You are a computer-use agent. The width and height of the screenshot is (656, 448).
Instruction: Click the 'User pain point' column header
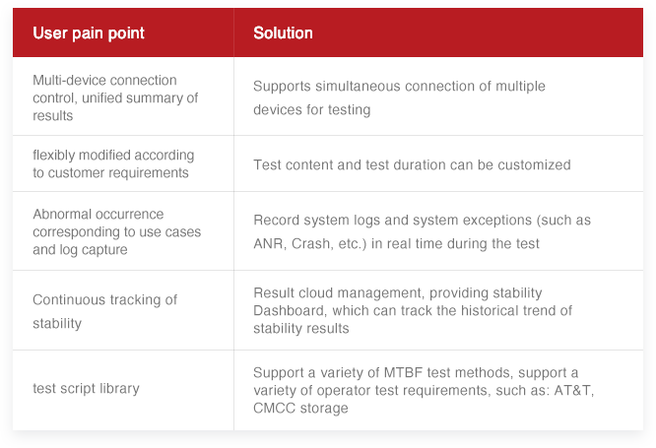tap(89, 33)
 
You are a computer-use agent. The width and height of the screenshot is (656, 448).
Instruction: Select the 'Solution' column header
tap(283, 33)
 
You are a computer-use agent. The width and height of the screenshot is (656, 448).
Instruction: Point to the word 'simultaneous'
tap(356, 87)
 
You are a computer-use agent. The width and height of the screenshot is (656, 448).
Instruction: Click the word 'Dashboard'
tap(287, 311)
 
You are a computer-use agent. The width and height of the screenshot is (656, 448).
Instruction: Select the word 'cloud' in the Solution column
tap(314, 293)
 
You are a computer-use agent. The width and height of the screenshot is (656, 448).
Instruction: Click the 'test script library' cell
tap(86, 388)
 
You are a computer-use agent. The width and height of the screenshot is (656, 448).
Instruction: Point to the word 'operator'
tap(345, 390)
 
